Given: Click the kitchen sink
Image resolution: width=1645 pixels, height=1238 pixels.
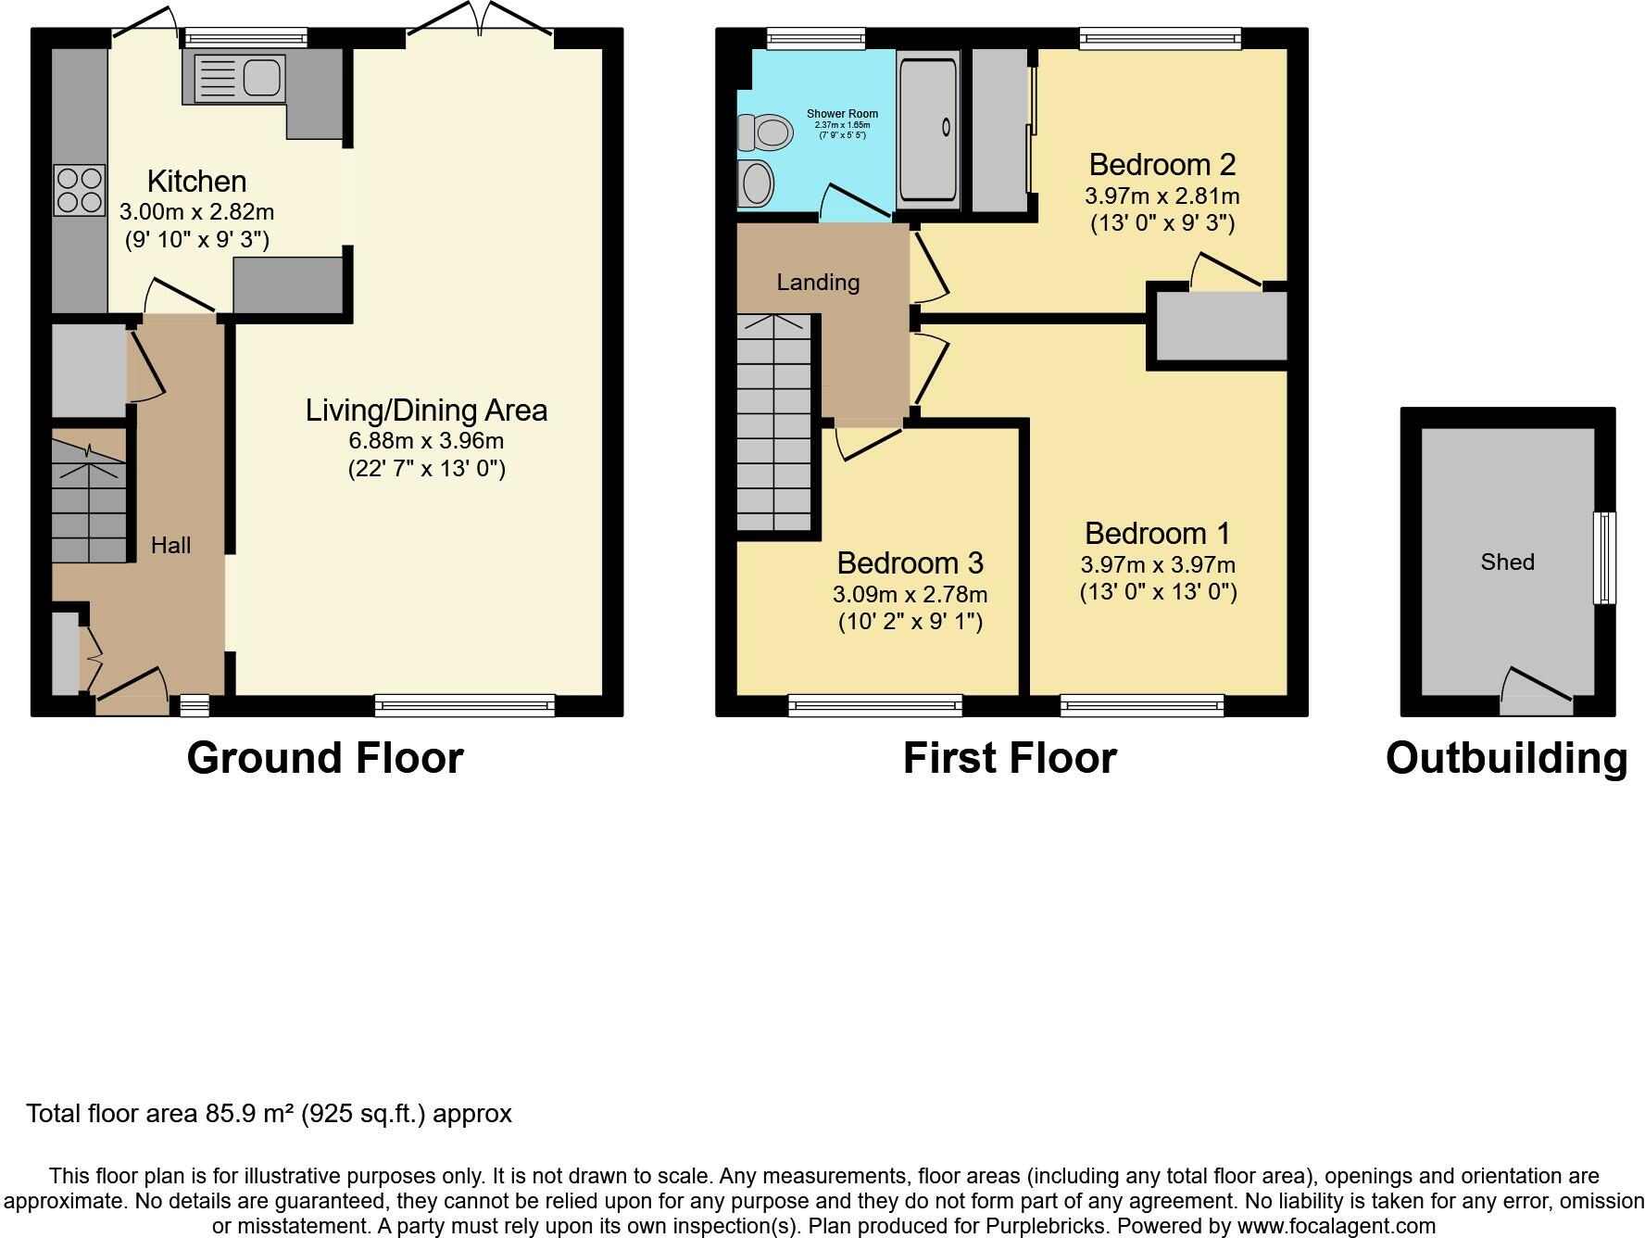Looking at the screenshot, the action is [x=238, y=78].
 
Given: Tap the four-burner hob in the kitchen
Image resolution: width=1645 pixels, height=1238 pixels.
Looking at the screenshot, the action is [x=79, y=190].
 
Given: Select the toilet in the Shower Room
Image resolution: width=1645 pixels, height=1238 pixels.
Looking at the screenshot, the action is [x=765, y=132].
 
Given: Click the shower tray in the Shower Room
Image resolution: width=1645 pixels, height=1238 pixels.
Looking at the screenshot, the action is [x=928, y=128].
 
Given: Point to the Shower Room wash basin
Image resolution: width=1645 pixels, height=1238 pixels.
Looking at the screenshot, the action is [x=756, y=183].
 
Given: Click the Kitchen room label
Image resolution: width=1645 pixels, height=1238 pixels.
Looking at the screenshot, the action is [x=196, y=181].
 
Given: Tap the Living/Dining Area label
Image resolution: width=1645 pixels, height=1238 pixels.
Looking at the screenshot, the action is [x=426, y=410].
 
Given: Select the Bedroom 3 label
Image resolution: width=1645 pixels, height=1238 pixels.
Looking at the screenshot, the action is [x=910, y=562].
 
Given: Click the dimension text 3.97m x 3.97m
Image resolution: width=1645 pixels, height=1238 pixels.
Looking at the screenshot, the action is [x=1158, y=564].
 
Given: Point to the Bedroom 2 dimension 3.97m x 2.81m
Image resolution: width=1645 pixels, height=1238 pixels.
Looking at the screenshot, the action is [x=1162, y=196].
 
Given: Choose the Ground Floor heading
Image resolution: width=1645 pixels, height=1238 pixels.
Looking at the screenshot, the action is [x=325, y=758].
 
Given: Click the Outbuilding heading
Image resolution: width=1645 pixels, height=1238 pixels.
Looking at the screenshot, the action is [x=1506, y=758].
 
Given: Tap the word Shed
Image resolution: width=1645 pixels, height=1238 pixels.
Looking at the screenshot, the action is [x=1507, y=562].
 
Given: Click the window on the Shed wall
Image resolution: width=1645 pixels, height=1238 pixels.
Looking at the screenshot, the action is [x=1603, y=558].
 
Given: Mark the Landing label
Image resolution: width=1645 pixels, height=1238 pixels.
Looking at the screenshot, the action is [x=818, y=282].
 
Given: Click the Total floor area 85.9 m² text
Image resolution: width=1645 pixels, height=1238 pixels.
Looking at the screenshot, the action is [x=269, y=1113].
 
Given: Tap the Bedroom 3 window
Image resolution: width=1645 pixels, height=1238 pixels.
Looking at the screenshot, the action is [x=875, y=706].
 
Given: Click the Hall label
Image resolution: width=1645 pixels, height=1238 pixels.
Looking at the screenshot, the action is [x=170, y=545].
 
